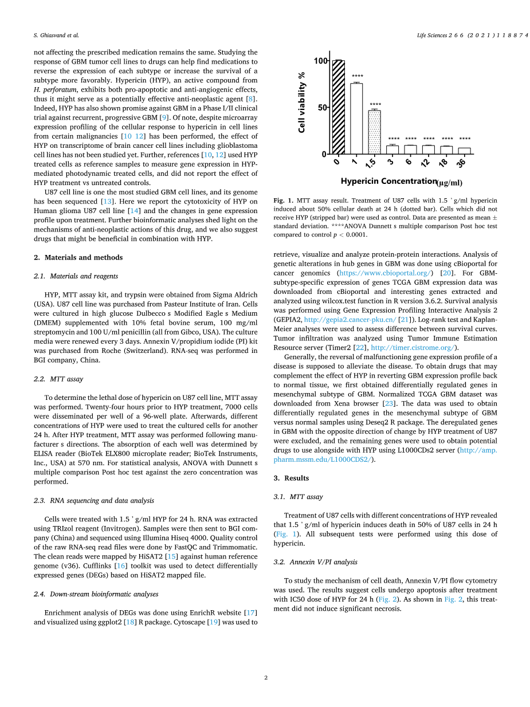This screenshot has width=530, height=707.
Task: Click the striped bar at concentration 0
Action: pyautogui.click(x=338, y=107)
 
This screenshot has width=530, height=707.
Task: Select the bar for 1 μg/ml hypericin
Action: pyautogui.click(x=356, y=119)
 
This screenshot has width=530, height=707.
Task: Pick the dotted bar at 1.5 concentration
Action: pyautogui.click(x=374, y=132)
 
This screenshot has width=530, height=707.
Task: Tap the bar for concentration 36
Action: pyautogui.click(x=465, y=151)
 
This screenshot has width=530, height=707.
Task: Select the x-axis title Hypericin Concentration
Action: pyautogui.click(x=388, y=181)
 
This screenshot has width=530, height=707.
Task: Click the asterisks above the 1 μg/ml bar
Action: pyautogui.click(x=357, y=77)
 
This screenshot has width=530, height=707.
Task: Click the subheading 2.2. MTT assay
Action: pyautogui.click(x=58, y=379)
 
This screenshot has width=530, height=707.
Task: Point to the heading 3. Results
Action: pyautogui.click(x=291, y=478)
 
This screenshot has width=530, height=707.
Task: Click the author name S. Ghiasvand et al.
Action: pyautogui.click(x=56, y=36)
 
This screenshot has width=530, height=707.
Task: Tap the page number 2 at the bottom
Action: pyautogui.click(x=266, y=678)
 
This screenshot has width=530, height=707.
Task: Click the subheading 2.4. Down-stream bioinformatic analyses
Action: pyautogui.click(x=96, y=594)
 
